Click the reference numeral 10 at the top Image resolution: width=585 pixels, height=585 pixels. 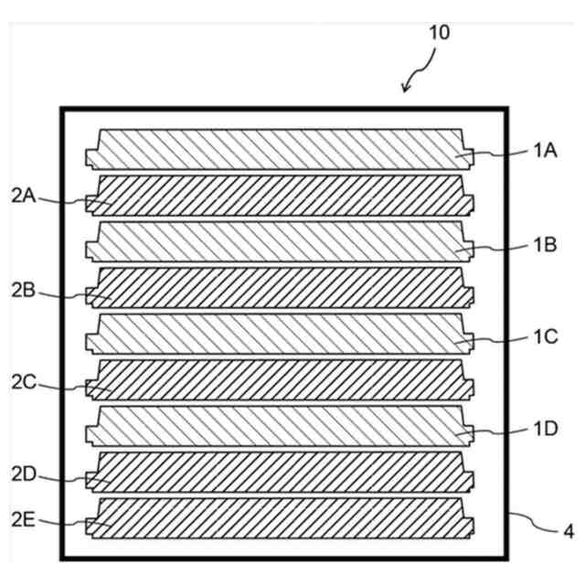440,32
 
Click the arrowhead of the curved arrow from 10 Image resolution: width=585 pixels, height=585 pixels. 406,90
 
